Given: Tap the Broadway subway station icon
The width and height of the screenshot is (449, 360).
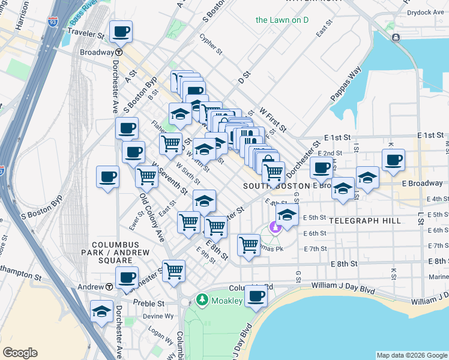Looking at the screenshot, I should click(x=119, y=52).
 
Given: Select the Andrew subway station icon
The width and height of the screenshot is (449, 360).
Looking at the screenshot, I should click(x=109, y=287).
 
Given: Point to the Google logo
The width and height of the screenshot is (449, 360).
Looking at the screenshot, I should click(x=20, y=353).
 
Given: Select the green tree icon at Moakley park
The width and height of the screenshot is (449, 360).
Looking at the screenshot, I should click(x=203, y=299).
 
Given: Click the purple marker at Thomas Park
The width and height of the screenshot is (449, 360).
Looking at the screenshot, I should click(x=276, y=227).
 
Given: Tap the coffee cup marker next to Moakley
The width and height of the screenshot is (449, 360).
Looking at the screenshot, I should click(x=256, y=295).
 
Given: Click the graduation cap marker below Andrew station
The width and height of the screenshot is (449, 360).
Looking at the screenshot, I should click(x=102, y=311).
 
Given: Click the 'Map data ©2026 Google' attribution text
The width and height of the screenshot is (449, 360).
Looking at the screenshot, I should click(x=411, y=355).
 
